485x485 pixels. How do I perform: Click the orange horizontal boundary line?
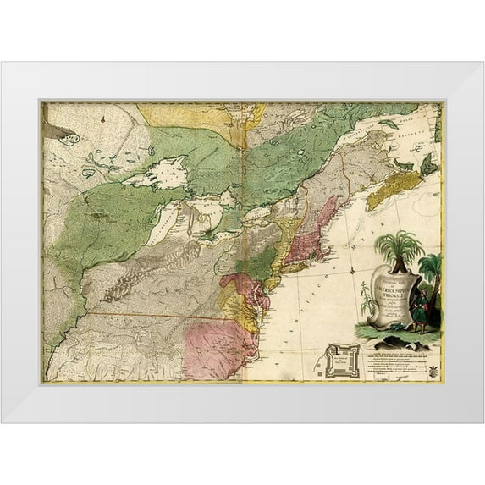[152, 316]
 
